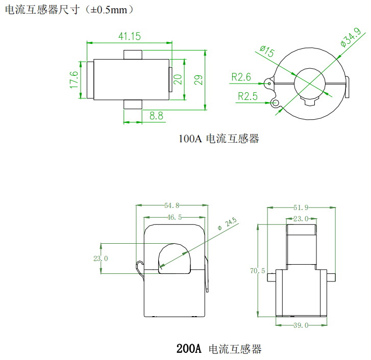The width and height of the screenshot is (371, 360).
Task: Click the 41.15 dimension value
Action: [130, 36]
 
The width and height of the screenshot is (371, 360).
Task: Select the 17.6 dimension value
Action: [74, 80]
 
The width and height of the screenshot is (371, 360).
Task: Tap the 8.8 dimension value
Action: [156, 116]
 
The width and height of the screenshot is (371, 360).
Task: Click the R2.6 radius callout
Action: [241, 77]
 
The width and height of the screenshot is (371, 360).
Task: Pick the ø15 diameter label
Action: [267, 52]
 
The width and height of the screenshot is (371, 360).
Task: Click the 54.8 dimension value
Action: [171, 205]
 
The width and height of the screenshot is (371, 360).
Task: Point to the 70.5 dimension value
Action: [258, 271]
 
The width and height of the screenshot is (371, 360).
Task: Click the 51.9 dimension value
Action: [301, 208]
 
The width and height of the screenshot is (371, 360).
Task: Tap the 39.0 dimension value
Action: [301, 325]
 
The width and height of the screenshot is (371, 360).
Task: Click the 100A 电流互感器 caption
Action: [219, 139]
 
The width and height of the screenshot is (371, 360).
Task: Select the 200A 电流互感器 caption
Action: [219, 349]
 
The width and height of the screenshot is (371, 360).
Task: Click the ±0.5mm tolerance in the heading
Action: [108, 10]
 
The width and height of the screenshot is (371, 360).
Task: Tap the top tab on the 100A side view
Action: [132, 55]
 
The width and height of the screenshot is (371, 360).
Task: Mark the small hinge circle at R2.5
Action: [276, 104]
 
